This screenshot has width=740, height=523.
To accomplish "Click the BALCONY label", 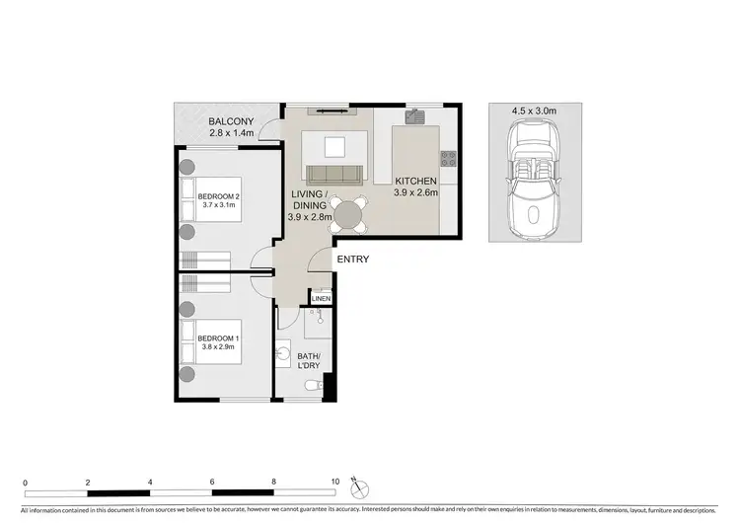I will tap(232, 122).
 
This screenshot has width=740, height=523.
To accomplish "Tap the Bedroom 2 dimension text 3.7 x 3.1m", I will tap(218, 205).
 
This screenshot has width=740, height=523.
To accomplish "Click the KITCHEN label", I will tap(416, 182).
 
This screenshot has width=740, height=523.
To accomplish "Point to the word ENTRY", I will tap(352, 260).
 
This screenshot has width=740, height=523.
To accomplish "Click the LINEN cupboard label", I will tap(321, 299).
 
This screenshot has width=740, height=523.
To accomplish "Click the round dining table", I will tap(347, 212).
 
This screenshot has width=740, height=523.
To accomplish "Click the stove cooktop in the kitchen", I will tap(449, 158).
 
